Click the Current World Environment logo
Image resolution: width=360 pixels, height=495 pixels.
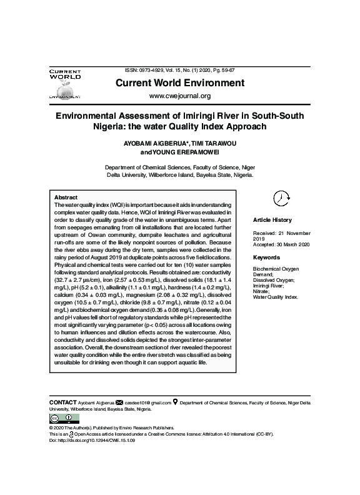65,84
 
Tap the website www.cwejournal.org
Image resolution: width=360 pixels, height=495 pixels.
179,96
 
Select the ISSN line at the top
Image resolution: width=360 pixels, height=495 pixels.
179,71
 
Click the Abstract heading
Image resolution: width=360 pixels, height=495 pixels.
66,197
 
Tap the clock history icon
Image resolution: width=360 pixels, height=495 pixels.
281,197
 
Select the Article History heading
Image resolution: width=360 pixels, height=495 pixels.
272,220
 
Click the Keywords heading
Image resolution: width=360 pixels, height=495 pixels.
266,257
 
